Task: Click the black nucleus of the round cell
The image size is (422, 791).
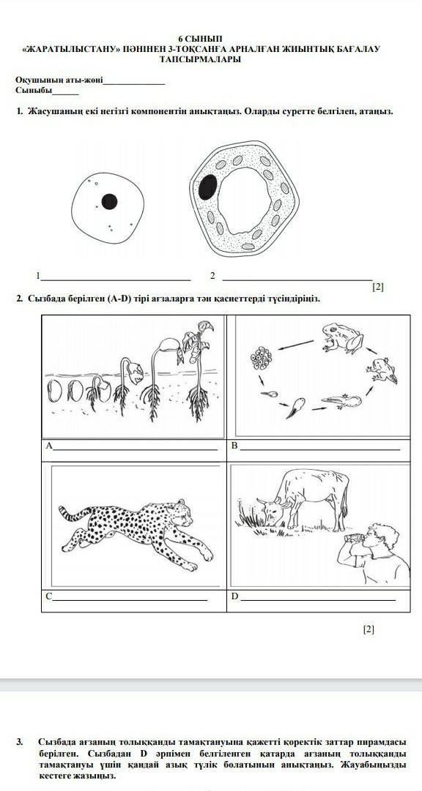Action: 109,202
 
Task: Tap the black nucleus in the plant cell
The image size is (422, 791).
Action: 208,187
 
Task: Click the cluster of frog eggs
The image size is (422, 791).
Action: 262,357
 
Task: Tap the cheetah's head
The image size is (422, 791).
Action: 182,512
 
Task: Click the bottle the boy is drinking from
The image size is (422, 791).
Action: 354,538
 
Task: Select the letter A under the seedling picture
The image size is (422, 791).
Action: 48,446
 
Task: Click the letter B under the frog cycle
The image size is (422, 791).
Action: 234,446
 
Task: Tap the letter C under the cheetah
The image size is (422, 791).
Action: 48,596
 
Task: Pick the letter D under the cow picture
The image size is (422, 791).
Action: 234,596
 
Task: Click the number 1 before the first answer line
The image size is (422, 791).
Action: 38,275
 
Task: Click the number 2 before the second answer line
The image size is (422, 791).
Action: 212,275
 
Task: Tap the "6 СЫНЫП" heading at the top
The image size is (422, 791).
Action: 200,39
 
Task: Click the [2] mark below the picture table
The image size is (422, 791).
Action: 369,629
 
